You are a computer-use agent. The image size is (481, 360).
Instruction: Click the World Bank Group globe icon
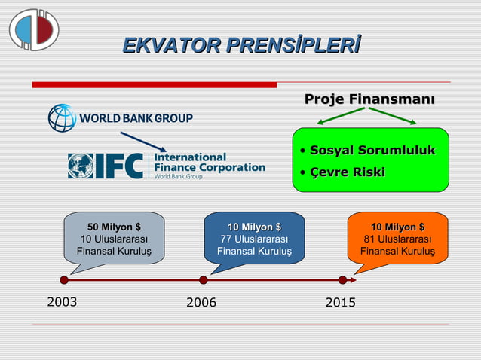coord(62,118)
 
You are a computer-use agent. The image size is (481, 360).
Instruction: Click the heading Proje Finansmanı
coord(369,99)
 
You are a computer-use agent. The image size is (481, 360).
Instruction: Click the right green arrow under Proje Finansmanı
coord(393,117)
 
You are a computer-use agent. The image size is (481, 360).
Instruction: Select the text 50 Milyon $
coord(114,227)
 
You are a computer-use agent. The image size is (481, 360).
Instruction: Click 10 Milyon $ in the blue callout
coord(254,227)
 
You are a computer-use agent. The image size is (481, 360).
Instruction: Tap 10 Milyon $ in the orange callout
coord(397,227)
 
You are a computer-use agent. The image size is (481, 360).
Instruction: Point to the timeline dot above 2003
coord(64,280)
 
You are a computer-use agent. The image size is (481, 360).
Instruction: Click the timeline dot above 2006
coord(204,280)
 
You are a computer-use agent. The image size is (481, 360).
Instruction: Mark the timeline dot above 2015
coord(342,280)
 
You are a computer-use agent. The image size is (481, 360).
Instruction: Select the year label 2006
coord(201,303)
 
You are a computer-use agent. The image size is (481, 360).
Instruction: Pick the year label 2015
coord(341,303)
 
